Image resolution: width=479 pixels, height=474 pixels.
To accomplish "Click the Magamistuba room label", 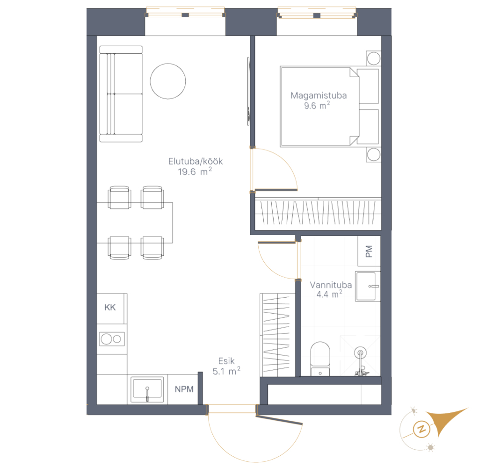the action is pos(319,95).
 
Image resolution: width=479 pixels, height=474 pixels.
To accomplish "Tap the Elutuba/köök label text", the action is pos(196,161).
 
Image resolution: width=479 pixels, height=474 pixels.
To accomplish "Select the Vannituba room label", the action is pos(331,285).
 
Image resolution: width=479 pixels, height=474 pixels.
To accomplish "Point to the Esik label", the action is pos(226,361).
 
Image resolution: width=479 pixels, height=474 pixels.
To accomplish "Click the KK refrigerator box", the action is pos(110,308).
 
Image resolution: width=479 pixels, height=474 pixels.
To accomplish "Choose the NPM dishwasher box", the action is pos(183,389).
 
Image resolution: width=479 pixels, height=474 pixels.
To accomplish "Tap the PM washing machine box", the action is pos(369,251).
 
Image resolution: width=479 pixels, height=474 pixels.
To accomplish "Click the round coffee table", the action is pos(168,81).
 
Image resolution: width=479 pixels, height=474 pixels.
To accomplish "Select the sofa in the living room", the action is pos(121,94).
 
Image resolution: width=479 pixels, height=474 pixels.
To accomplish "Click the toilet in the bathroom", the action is pos(320,359).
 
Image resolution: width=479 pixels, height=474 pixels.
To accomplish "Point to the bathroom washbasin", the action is pos(368,286).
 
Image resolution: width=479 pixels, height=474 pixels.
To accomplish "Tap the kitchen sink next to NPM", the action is pos(147,389).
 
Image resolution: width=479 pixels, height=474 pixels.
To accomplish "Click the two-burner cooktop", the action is pos(112,339).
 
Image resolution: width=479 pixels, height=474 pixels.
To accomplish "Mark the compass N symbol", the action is pos(421,429).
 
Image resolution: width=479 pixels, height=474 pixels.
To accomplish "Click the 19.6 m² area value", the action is pos(195,172).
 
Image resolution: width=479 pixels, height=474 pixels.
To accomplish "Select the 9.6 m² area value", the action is pos(317,106).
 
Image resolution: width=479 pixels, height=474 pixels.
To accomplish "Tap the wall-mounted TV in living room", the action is pos(249,91).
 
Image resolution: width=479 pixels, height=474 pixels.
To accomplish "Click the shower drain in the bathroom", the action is pos(361,353).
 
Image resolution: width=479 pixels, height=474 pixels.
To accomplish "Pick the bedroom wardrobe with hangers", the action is pos(318,212).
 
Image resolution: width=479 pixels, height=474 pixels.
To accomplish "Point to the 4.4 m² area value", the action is pos(329,294).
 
